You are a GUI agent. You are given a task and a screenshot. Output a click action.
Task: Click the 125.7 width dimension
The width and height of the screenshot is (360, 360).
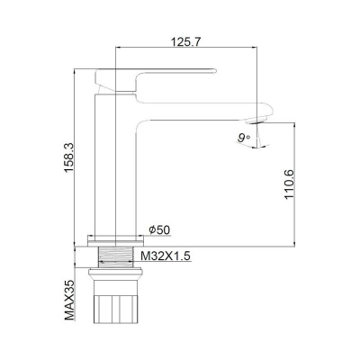186,41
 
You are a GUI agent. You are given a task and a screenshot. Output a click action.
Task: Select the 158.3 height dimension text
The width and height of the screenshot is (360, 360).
68,157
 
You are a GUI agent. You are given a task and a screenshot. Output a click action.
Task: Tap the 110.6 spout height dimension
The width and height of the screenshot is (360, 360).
290,184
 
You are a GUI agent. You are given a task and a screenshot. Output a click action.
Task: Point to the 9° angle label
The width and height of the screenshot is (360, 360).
244,138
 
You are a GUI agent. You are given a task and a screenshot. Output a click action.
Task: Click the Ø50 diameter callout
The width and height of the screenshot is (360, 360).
159,230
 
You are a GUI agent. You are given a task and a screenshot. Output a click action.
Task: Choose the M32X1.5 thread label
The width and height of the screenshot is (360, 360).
166,256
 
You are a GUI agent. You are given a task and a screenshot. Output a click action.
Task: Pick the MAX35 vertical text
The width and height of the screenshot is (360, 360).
69,301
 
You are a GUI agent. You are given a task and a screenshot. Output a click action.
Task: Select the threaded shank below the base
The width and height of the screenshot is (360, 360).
115,256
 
